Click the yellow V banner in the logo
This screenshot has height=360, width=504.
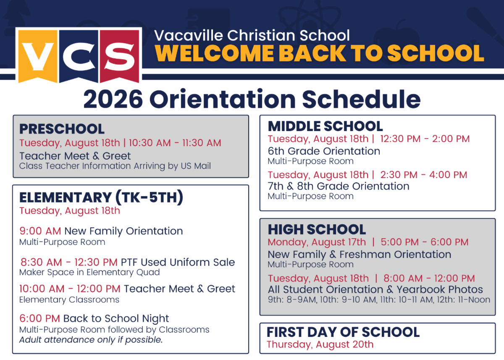(38, 56)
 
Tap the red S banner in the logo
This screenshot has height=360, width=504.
(119, 56)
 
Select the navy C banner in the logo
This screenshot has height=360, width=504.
(79, 56)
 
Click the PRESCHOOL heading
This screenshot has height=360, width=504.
(62, 129)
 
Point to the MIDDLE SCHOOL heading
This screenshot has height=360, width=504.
(325, 126)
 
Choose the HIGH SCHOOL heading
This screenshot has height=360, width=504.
(317, 229)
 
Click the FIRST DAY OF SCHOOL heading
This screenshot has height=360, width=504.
(343, 332)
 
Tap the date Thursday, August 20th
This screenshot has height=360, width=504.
(320, 344)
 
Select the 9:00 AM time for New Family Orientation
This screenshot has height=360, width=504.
(40, 231)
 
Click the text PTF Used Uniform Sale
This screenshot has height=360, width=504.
(178, 263)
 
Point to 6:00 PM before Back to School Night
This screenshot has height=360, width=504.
(39, 318)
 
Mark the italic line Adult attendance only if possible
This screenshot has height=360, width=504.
(91, 340)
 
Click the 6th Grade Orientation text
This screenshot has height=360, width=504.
(324, 151)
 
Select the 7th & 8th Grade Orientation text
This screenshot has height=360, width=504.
(339, 186)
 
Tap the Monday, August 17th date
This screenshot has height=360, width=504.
(317, 242)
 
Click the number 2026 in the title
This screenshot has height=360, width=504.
(113, 99)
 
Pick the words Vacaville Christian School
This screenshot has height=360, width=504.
(252, 35)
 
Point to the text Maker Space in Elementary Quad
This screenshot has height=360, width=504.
(89, 273)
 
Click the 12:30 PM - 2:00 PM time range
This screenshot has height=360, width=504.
(425, 139)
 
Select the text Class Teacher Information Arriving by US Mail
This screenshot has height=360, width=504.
(115, 166)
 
